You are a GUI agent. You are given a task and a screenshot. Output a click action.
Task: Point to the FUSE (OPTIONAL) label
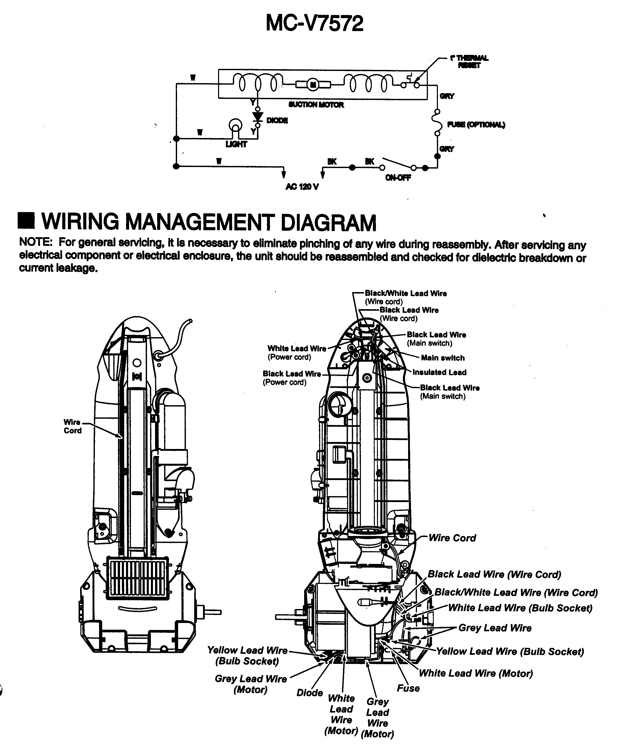(x=476, y=125)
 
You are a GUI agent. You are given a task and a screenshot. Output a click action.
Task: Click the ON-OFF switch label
(x=398, y=178)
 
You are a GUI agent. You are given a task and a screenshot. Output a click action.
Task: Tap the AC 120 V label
(x=302, y=187)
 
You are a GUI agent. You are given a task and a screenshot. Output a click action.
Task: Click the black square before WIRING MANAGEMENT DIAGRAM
(x=26, y=221)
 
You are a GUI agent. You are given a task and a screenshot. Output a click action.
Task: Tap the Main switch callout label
(x=443, y=358)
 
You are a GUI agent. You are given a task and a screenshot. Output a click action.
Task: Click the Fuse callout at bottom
(x=408, y=688)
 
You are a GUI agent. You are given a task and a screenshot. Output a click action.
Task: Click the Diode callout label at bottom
(x=310, y=693)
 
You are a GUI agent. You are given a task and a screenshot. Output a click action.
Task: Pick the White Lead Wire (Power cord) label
(x=297, y=352)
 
